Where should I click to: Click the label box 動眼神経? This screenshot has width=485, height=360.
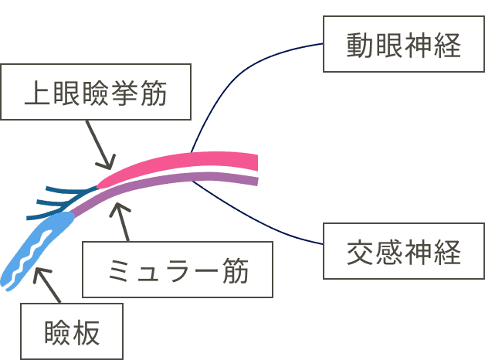tap(404, 47)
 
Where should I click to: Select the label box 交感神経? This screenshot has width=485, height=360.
tap(404, 252)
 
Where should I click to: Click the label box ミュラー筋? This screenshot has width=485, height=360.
tap(178, 270)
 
